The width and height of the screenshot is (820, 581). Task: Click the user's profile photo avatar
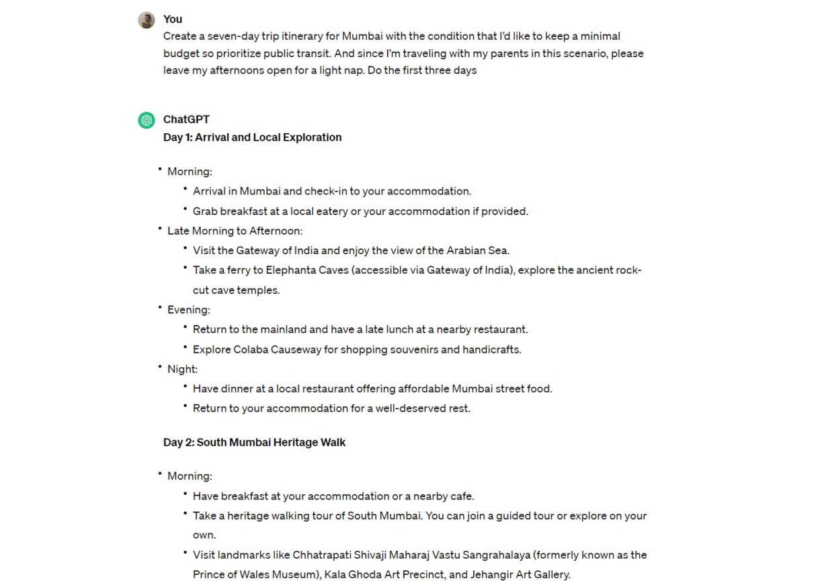(147, 20)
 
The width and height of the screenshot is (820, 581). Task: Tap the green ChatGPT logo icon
(147, 120)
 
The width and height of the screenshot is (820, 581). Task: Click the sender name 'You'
(173, 19)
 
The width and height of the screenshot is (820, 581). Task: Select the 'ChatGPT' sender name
(186, 119)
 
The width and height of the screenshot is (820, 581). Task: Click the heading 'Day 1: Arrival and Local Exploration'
(252, 137)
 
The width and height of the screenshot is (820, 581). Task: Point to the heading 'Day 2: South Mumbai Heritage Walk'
(254, 442)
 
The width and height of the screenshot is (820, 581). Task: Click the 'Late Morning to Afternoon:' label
(235, 231)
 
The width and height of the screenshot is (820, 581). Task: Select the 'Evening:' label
(188, 309)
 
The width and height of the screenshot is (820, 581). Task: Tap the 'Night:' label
(182, 369)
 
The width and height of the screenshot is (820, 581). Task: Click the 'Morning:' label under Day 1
(190, 171)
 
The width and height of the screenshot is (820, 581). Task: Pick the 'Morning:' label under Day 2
(190, 475)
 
